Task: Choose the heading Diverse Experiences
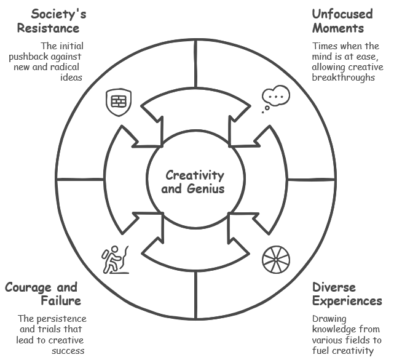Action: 347,294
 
